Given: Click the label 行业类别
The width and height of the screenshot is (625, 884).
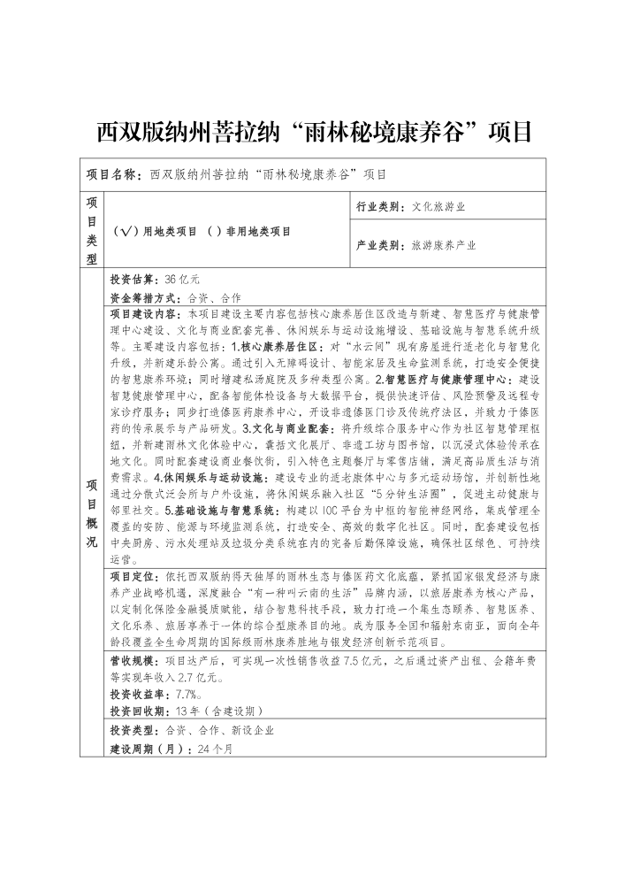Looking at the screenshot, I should [x=380, y=207].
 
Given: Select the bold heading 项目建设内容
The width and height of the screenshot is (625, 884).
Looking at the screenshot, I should [x=141, y=313].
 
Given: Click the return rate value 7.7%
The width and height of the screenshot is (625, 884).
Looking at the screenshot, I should [x=178, y=694].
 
